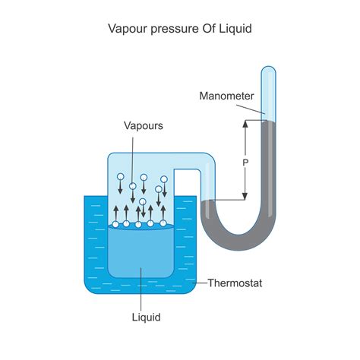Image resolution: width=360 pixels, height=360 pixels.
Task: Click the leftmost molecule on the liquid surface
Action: [115, 224]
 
